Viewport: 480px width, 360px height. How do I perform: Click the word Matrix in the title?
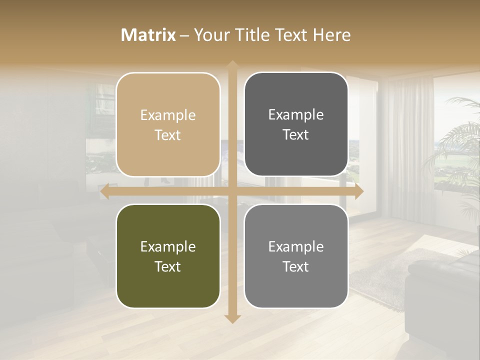(148, 35)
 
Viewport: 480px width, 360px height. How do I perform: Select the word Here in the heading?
(332, 35)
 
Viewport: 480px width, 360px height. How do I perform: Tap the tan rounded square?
(168, 124)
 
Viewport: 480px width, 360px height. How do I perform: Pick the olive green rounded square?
(168, 256)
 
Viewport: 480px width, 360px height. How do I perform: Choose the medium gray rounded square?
(296, 256)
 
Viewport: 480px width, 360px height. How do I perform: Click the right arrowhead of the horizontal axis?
(359, 192)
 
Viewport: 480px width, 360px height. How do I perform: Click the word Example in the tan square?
(168, 115)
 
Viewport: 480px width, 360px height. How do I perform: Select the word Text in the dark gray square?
(296, 134)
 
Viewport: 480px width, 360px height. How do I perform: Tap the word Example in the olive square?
(168, 247)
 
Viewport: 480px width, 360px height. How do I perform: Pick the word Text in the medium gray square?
(296, 266)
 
